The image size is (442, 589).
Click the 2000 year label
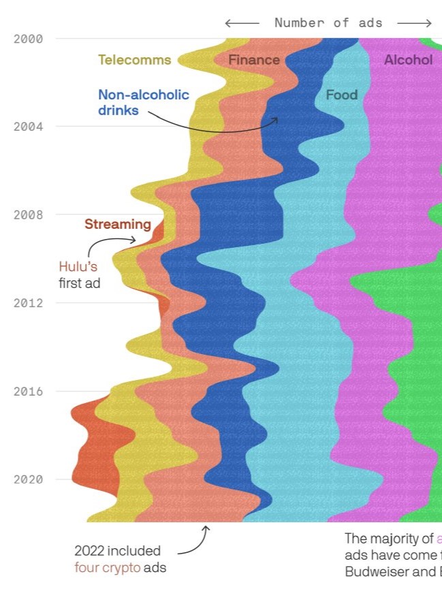pyautogui.click(x=28, y=39)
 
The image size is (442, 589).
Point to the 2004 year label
pyautogui.click(x=28, y=127)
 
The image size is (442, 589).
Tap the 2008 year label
pyautogui.click(x=28, y=215)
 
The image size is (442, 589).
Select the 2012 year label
pyautogui.click(x=28, y=303)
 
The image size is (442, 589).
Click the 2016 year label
pyautogui.click(x=28, y=392)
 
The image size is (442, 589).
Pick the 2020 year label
pyautogui.click(x=28, y=479)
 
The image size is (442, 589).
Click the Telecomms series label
pyautogui.click(x=134, y=60)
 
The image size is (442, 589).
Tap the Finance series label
pyautogui.click(x=253, y=60)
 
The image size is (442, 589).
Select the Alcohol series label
pyautogui.click(x=408, y=60)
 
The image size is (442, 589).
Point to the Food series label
pyautogui.click(x=341, y=95)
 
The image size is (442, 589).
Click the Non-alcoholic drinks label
pyautogui.click(x=143, y=102)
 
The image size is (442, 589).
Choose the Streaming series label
pyautogui.click(x=117, y=224)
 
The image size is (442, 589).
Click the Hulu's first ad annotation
pyautogui.click(x=79, y=274)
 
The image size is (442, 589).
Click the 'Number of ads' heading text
pyautogui.click(x=328, y=23)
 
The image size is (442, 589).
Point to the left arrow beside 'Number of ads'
pyautogui.click(x=242, y=23)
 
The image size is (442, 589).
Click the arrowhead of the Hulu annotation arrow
pyautogui.click(x=136, y=240)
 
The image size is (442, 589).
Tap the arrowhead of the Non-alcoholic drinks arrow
pyautogui.click(x=277, y=119)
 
